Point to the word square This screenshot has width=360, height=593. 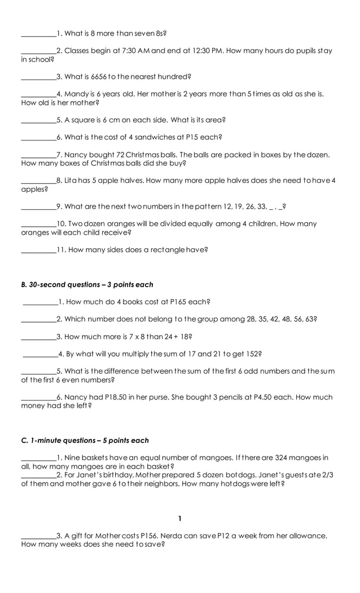click(83, 120)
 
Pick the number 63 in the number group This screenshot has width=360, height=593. click(309, 319)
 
